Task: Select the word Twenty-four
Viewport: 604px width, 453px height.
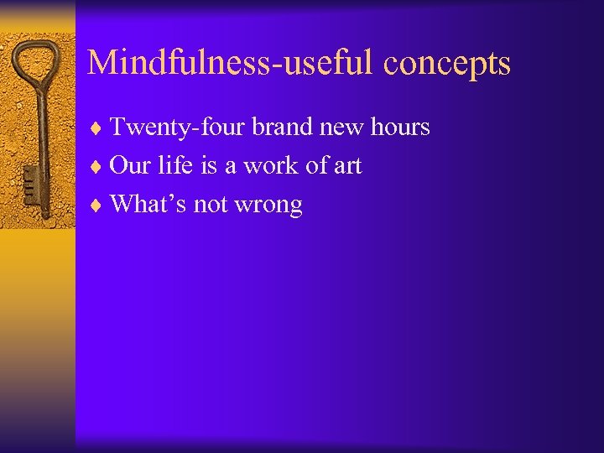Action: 177,128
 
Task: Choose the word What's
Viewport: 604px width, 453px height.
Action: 148,204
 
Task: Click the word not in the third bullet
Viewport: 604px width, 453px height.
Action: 213,204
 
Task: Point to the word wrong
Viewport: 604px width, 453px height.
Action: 270,206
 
